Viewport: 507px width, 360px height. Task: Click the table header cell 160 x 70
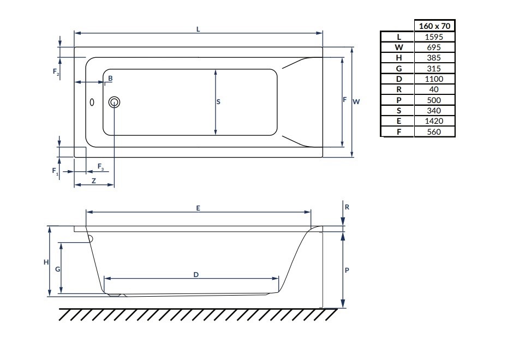434,26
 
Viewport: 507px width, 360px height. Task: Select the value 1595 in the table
434,37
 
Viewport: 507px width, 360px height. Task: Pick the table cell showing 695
434,47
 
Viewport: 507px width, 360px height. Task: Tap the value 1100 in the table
434,79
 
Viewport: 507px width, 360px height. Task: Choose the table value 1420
434,121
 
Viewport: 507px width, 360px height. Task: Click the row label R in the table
398,89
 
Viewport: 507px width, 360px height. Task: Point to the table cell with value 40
434,89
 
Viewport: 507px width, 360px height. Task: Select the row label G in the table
398,69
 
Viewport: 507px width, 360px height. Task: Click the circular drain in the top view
115,102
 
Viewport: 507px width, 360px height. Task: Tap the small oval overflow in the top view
92,102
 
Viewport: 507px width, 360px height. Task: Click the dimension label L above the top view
198,29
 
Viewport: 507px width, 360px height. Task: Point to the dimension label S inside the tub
218,102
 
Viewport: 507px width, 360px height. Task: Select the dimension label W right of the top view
356,101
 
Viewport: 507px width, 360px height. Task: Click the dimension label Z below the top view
94,181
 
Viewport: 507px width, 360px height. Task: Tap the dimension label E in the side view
199,208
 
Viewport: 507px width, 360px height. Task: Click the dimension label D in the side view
195,274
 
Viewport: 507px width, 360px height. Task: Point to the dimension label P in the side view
347,269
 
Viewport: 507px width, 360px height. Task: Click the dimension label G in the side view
57,269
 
